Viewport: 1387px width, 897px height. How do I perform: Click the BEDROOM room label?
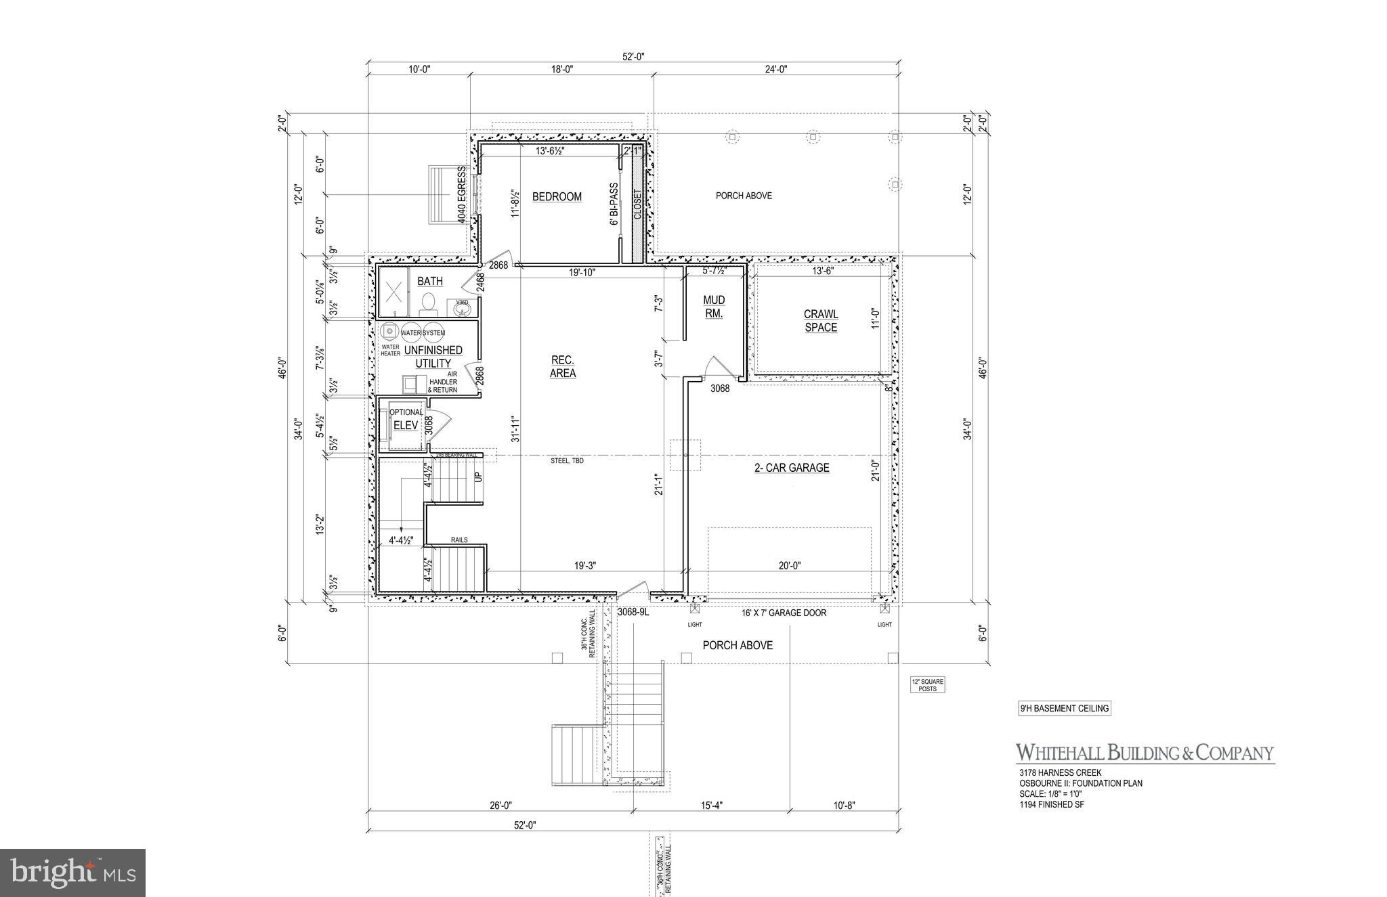click(557, 197)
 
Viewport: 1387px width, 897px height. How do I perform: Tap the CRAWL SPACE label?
click(821, 321)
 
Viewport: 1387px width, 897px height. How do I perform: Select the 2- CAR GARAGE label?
click(792, 468)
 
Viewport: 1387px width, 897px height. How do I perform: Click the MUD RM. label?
click(714, 307)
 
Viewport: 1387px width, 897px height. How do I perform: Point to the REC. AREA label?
click(563, 366)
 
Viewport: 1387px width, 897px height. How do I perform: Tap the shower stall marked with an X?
click(393, 292)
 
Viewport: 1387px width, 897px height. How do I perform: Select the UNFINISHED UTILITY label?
click(433, 357)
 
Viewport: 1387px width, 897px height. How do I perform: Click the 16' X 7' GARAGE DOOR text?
click(784, 613)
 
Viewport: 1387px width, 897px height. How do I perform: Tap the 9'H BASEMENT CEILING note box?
click(1064, 709)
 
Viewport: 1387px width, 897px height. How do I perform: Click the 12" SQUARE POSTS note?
click(927, 685)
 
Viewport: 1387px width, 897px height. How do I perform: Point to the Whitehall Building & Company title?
click(1144, 753)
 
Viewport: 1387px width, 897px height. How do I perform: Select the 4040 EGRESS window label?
click(462, 195)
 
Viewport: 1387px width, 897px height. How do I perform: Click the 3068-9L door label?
click(633, 612)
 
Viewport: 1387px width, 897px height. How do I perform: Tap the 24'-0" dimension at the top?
click(776, 69)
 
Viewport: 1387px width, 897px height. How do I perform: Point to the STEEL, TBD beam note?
click(567, 461)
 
